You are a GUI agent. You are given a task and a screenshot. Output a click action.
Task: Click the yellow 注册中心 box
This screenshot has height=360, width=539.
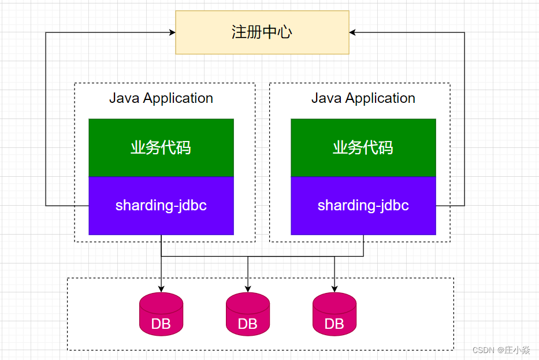pyautogui.click(x=262, y=32)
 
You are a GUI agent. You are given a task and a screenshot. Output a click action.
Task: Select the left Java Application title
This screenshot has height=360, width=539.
pyautogui.click(x=161, y=98)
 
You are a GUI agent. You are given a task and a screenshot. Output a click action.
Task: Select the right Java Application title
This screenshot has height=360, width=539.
pyautogui.click(x=363, y=98)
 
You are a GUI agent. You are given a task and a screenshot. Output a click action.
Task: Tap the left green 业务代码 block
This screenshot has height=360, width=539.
pyautogui.click(x=161, y=148)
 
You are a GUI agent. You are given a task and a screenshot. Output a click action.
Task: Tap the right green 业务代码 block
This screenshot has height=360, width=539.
pyautogui.click(x=363, y=148)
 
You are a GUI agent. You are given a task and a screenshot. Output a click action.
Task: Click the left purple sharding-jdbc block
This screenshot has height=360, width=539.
pyautogui.click(x=161, y=206)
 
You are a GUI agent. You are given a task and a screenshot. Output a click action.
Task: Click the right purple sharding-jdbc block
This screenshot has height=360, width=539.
pyautogui.click(x=363, y=206)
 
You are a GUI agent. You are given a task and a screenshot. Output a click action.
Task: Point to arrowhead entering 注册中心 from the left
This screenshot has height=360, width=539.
pyautogui.click(x=172, y=33)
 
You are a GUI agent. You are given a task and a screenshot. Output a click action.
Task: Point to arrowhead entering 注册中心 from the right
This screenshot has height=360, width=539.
pyautogui.click(x=353, y=33)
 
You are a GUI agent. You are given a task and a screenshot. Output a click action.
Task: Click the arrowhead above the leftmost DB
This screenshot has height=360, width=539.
pyautogui.click(x=161, y=289)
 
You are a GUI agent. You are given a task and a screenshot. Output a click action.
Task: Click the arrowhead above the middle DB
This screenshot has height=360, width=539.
pyautogui.click(x=248, y=289)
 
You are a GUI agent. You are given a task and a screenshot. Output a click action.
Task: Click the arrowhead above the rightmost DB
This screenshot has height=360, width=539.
pyautogui.click(x=334, y=289)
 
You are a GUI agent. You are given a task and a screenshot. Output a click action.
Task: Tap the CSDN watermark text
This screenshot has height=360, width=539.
pyautogui.click(x=501, y=350)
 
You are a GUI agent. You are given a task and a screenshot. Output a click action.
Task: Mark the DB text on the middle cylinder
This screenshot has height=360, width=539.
pyautogui.click(x=248, y=324)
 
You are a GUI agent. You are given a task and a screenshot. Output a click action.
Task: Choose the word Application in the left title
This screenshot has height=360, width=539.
pyautogui.click(x=178, y=98)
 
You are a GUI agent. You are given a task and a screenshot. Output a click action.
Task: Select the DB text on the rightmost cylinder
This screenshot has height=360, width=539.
pyautogui.click(x=334, y=324)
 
